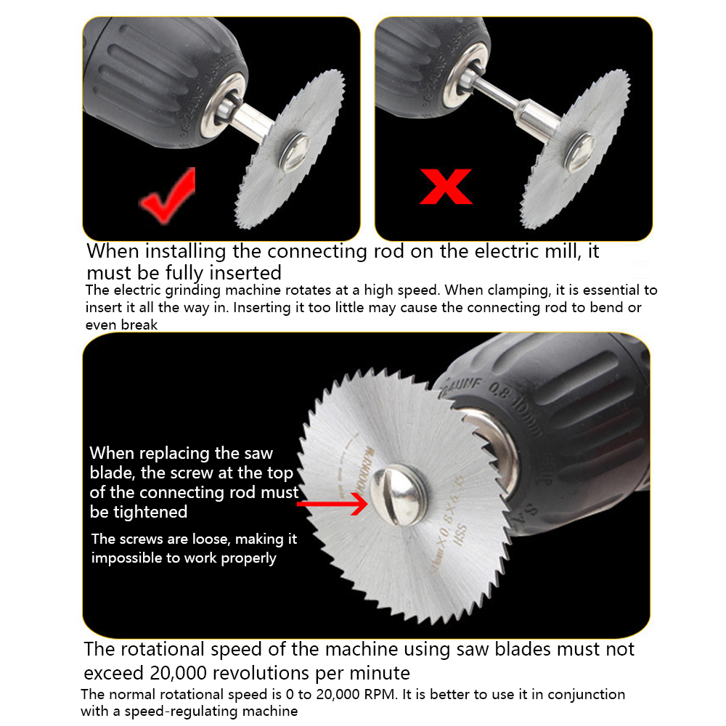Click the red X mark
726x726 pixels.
[446, 186]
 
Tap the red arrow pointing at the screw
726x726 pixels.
[333, 503]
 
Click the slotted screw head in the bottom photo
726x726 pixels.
[398, 496]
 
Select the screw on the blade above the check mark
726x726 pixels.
[295, 152]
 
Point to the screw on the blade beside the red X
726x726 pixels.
[579, 152]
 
